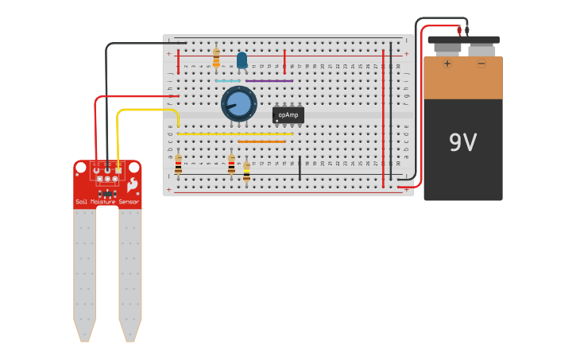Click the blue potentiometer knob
[x=239, y=104]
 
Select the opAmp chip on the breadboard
[x=288, y=115]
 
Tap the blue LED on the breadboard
[x=242, y=60]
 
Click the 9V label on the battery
[x=462, y=143]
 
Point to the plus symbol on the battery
[x=447, y=64]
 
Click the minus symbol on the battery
[x=481, y=64]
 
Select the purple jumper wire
[x=269, y=81]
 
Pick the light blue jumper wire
[x=227, y=81]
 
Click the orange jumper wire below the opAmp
[x=261, y=141]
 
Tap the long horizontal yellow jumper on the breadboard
[x=234, y=134]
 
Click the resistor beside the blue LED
[x=216, y=57]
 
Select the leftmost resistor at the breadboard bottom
[x=178, y=165]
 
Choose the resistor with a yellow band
[x=246, y=172]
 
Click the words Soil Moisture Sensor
[x=107, y=202]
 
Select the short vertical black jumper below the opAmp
[x=300, y=168]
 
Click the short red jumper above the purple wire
[x=284, y=61]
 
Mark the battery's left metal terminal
[x=447, y=50]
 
